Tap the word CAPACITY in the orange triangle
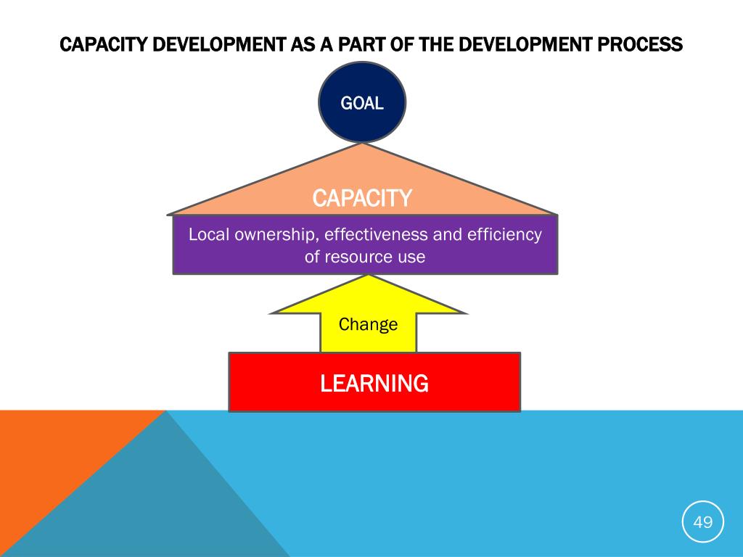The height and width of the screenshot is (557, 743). pyautogui.click(x=362, y=197)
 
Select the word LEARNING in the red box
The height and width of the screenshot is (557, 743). pyautogui.click(x=374, y=383)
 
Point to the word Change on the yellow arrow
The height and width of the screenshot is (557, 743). pyautogui.click(x=369, y=324)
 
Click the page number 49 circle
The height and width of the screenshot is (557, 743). pyautogui.click(x=703, y=521)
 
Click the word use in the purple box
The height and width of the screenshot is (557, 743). pyautogui.click(x=411, y=257)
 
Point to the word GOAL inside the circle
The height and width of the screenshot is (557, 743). pyautogui.click(x=362, y=103)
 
